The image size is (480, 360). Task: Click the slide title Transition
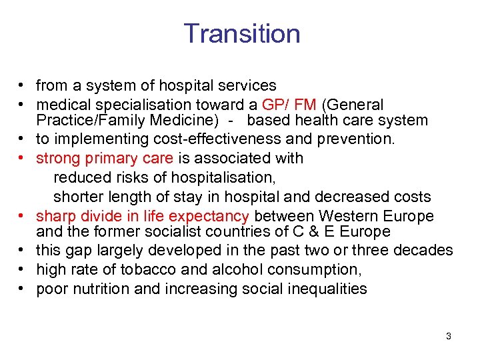click(x=241, y=33)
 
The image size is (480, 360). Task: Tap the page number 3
click(x=449, y=336)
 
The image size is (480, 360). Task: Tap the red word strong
click(x=58, y=159)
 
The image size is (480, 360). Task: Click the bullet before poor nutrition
click(x=22, y=289)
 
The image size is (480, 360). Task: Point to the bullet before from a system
click(x=22, y=86)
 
